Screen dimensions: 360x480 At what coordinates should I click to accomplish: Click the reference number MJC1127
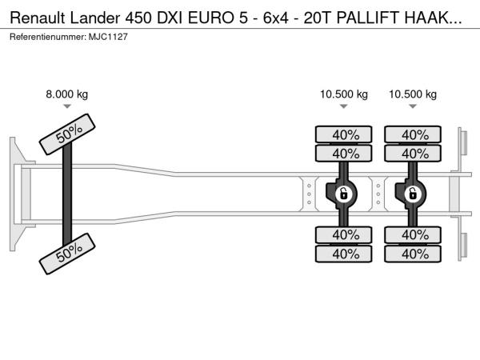103,38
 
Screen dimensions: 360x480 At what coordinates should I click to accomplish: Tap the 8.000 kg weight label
67,94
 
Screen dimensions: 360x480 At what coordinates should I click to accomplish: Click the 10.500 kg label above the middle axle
344,94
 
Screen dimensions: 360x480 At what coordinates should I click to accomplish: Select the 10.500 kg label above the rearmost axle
413,94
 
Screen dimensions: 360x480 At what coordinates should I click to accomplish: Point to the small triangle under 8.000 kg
67,106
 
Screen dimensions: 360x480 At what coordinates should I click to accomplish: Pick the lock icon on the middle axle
343,194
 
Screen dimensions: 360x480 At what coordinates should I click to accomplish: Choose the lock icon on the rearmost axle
413,194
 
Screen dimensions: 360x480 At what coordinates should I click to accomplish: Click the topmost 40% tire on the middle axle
345,134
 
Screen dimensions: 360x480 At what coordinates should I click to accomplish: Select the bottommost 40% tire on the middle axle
345,254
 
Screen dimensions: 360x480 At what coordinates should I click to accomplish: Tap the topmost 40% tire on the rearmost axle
414,134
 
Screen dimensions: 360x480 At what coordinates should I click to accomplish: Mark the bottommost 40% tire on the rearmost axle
414,254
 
